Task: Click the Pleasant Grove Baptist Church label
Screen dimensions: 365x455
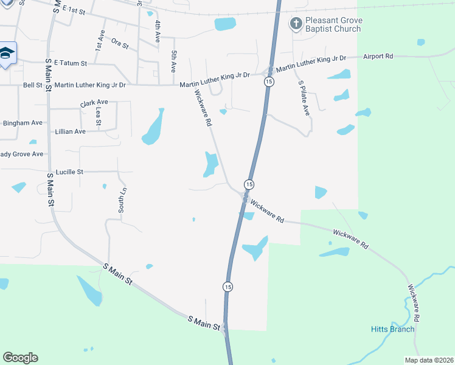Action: (334, 24)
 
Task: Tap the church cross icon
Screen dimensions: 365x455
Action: (296, 24)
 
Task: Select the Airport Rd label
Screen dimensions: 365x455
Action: (378, 57)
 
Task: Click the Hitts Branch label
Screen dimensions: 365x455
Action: (392, 330)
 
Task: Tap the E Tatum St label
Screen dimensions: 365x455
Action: (71, 63)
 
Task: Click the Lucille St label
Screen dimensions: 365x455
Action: (69, 172)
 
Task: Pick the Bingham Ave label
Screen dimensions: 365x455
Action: (23, 123)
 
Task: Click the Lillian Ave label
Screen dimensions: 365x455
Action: (70, 131)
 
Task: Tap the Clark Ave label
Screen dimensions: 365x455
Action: (94, 103)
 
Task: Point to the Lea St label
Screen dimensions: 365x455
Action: (98, 116)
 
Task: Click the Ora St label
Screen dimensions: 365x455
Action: (120, 44)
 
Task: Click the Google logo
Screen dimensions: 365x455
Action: (21, 358)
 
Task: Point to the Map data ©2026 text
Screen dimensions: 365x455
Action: (428, 360)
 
